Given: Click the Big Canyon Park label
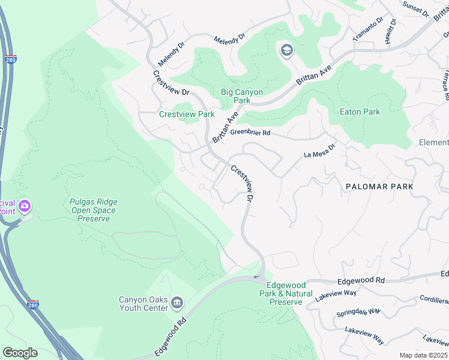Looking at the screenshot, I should [x=242, y=96].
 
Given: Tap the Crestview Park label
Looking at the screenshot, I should [x=187, y=114].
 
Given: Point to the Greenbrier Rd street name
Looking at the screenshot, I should [x=250, y=133].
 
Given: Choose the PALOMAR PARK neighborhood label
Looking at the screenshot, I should [x=379, y=187].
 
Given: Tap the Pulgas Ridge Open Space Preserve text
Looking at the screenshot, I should [x=93, y=210].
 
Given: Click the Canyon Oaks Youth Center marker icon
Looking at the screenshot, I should [x=176, y=301].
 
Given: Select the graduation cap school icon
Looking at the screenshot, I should [x=286, y=50].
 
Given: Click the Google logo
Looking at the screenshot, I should [x=20, y=353].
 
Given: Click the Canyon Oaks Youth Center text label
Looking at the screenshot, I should [x=142, y=304].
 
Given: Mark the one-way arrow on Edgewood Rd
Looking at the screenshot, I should [x=256, y=277].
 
